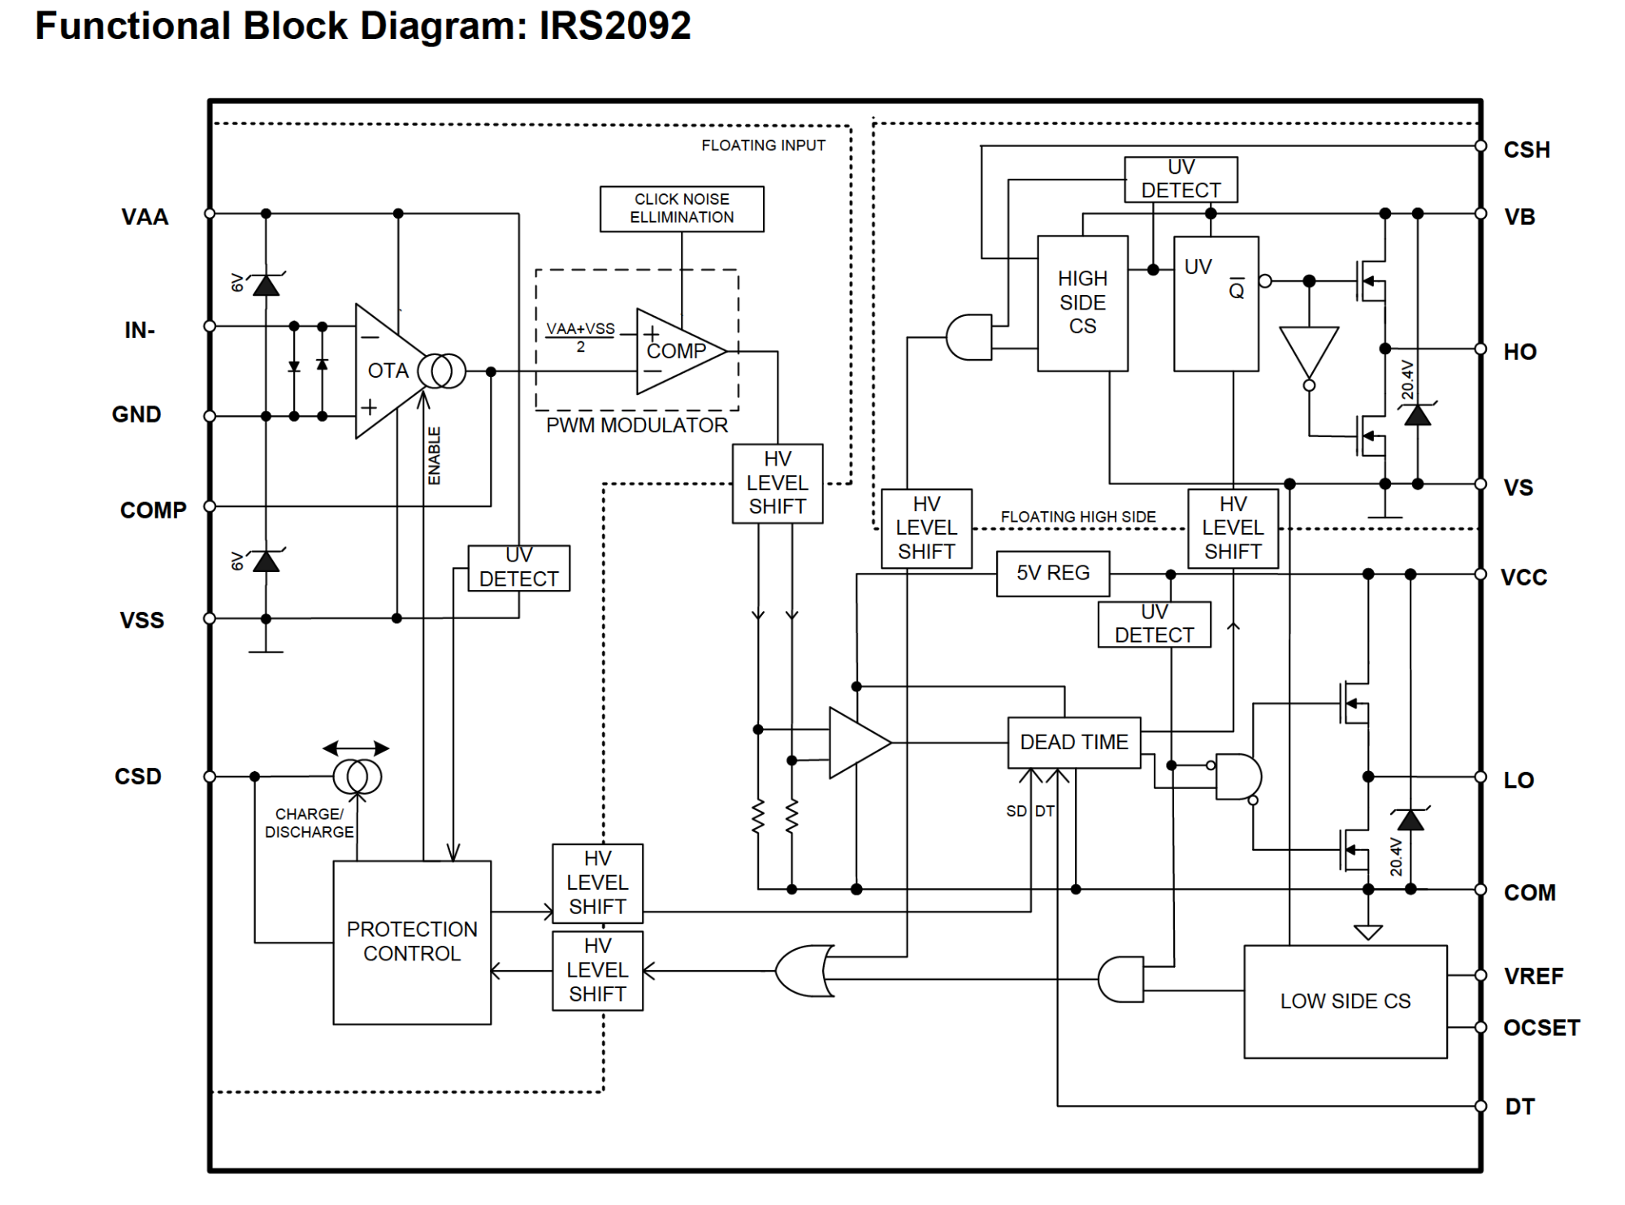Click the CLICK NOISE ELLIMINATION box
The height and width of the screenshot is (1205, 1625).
click(682, 209)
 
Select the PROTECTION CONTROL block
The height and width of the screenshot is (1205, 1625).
click(412, 943)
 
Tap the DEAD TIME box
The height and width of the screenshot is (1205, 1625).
click(1074, 743)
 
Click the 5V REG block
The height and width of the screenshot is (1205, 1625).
click(1053, 574)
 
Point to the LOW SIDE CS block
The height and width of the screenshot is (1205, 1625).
click(1345, 1002)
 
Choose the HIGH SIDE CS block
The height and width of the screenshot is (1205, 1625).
click(1082, 303)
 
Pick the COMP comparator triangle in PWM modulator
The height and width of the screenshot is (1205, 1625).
click(681, 351)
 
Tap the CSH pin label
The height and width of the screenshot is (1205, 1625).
click(1527, 150)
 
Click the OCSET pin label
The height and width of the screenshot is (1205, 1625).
click(1541, 1028)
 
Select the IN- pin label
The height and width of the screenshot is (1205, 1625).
click(140, 331)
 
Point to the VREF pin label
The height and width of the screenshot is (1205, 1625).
click(1533, 976)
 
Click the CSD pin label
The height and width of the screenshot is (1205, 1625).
click(138, 777)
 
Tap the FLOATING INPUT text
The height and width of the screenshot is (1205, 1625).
click(763, 145)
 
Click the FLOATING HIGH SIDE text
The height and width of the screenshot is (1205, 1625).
click(1078, 517)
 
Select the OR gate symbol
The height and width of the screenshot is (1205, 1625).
click(804, 970)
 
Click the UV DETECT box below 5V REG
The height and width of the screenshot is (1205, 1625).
click(1155, 624)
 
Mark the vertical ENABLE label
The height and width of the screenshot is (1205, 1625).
click(435, 456)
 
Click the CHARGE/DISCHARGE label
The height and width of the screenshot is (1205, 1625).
click(310, 823)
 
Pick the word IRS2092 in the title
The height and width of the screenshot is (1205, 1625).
click(615, 26)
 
